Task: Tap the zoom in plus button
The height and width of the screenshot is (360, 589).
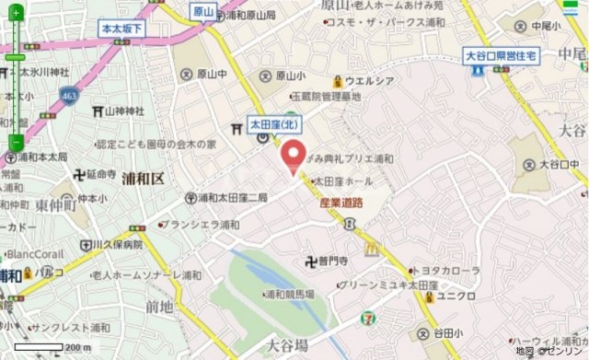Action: tap(15, 59)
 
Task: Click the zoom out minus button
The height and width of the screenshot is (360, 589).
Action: tap(15, 143)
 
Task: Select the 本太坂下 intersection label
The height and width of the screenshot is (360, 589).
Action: tap(121, 29)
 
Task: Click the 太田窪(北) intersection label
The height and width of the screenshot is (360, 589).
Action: tap(273, 122)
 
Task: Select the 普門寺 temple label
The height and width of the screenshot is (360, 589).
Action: tap(328, 261)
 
